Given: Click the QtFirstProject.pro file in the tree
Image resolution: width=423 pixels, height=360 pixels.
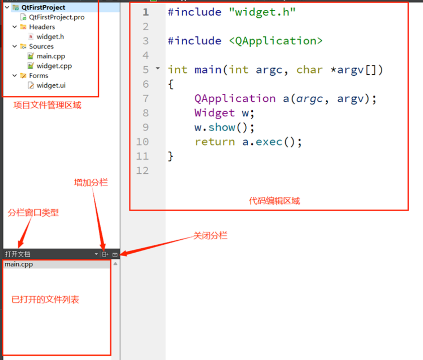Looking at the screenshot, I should [56, 17].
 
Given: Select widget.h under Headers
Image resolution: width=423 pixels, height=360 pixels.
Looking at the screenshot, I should [50, 37].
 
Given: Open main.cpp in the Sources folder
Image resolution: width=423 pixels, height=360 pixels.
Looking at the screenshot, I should [51, 56].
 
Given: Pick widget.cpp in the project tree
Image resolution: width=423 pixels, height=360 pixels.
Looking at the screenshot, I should [54, 66].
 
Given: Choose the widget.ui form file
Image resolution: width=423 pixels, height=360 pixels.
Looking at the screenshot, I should [51, 85].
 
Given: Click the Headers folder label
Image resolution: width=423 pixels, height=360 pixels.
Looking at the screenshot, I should [42, 27].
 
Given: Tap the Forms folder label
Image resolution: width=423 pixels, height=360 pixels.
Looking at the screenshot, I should [38, 76].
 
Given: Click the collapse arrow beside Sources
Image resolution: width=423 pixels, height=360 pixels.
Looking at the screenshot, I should [14, 46].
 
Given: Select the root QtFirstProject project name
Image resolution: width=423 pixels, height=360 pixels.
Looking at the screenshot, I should [43, 7].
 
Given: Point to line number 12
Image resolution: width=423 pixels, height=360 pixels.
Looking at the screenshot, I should [142, 170].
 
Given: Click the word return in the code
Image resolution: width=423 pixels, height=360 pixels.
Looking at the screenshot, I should [215, 142].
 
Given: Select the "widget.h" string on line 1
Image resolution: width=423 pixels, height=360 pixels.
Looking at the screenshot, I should [263, 12].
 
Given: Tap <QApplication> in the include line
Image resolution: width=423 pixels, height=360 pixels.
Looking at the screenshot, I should [276, 41].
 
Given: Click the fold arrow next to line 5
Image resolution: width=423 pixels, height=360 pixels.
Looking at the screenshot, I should [158, 68].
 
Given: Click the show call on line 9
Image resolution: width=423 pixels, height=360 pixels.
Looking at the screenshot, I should [221, 127].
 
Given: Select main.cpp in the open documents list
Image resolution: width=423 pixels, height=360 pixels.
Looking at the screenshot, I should [19, 264].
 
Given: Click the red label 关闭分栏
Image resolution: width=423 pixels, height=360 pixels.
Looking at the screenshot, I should [210, 236].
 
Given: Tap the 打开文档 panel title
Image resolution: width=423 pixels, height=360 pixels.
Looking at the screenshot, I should [18, 254].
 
